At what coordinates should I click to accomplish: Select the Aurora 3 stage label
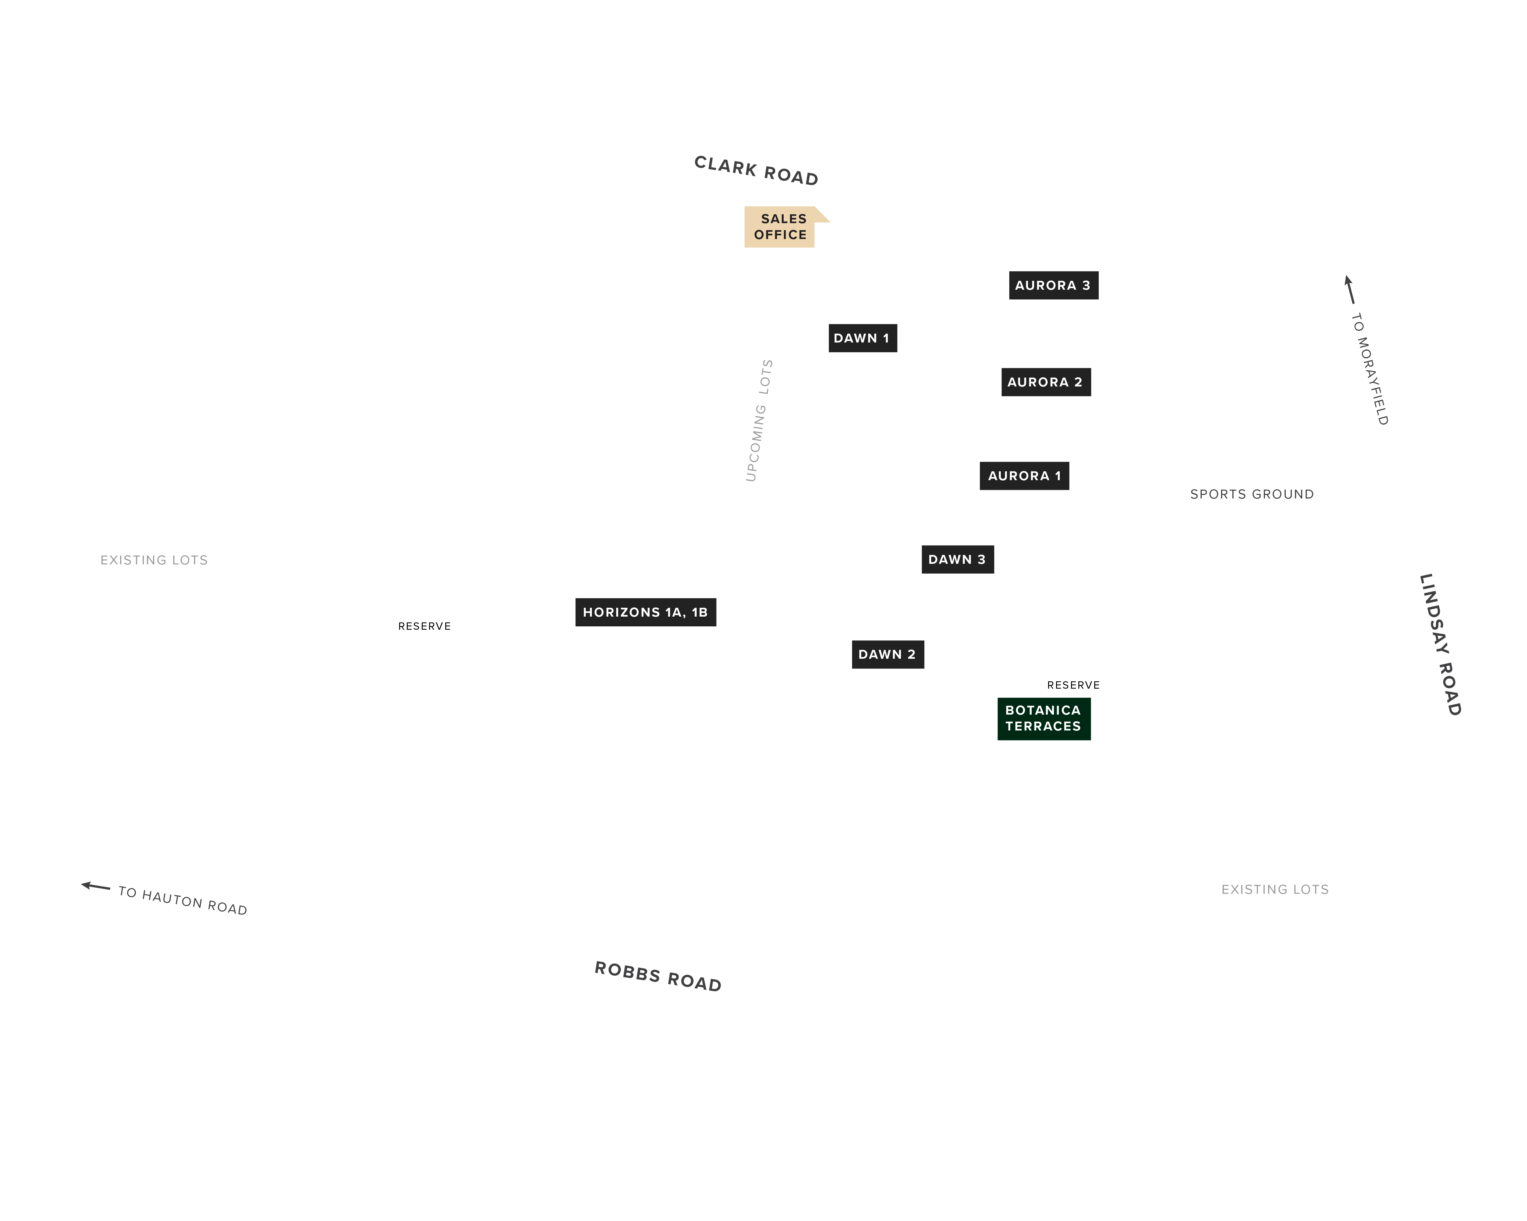1053,285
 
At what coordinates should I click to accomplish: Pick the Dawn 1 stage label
863,338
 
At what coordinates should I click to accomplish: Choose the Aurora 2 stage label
1046,382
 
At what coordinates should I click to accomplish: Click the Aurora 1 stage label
1024,476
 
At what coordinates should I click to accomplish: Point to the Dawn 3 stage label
957,559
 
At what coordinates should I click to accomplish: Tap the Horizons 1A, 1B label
645,612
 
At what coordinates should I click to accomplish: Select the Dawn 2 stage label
887,654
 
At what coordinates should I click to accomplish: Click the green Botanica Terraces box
1044,719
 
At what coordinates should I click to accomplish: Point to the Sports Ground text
1252,494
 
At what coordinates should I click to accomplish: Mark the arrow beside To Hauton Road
96,886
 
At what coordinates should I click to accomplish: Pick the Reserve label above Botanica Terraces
1073,685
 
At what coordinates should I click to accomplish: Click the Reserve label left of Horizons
424,626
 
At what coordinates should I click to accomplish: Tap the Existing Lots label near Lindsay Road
1275,890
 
